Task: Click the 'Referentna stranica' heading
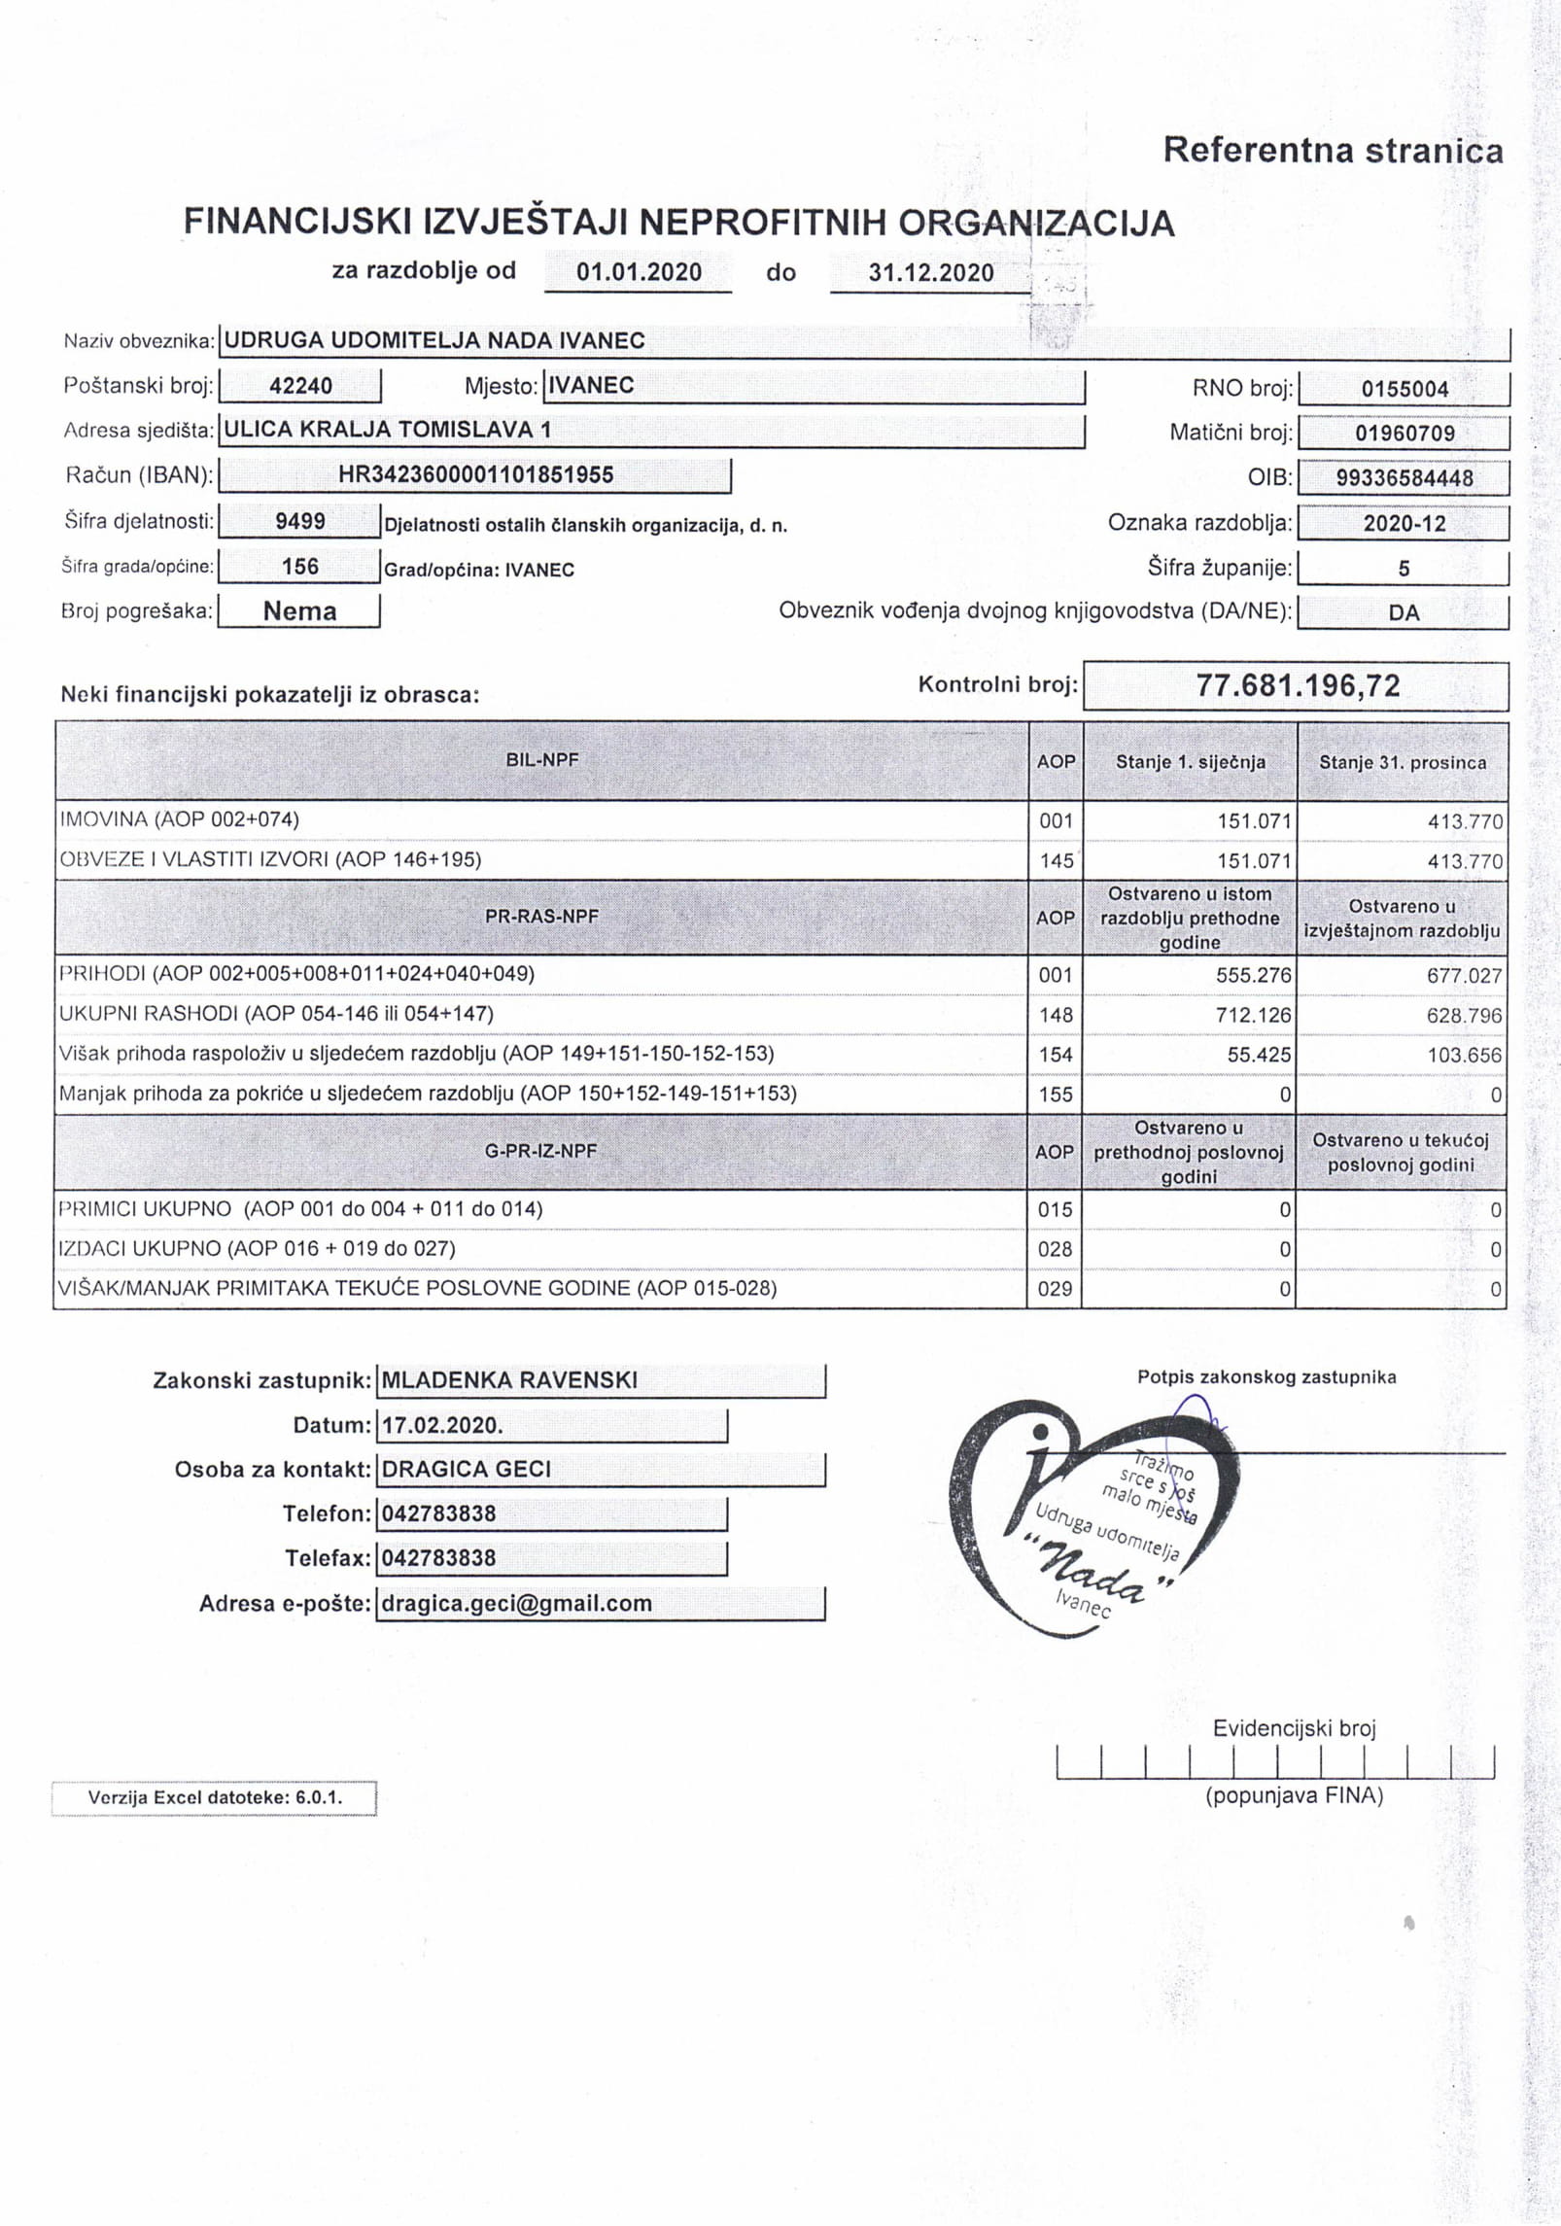tap(1333, 151)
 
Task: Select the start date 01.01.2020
tap(639, 271)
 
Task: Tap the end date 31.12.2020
tap(931, 272)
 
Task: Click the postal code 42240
tap(300, 386)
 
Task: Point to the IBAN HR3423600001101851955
tap(475, 475)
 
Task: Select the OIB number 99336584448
tap(1404, 478)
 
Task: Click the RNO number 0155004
tap(1404, 390)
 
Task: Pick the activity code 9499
tap(300, 522)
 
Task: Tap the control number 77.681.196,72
tap(1298, 686)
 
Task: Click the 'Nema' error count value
tap(299, 611)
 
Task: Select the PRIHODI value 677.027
tap(1464, 976)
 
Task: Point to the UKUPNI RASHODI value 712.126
tap(1254, 1016)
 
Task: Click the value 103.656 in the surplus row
tap(1464, 1056)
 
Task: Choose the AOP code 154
tap(1056, 1056)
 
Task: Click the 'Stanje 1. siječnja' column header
tap(1190, 762)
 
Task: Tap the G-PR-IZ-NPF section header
tap(541, 1151)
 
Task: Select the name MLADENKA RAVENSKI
tap(510, 1380)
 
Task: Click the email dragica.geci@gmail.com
tap(516, 1604)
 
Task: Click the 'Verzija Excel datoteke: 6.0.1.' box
tap(215, 1797)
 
